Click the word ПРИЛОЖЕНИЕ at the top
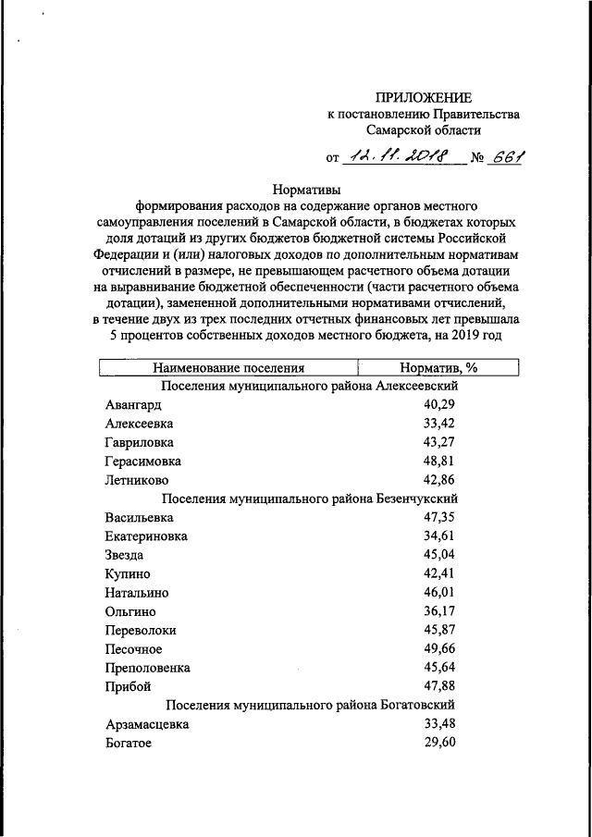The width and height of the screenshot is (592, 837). pos(424,97)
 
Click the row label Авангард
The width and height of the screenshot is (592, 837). pos(134,405)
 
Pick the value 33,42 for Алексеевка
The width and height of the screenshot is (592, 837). pos(441,424)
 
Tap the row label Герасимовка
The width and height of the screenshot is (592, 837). pos(143,461)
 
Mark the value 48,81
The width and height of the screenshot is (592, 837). pos(441,461)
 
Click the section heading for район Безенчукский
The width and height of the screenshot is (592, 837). pos(310,499)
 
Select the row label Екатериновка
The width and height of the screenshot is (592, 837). pos(147,536)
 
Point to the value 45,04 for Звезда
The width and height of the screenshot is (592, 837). pos(441,555)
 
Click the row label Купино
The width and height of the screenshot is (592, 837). pos(129,573)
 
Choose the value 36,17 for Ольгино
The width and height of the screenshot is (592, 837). pos(441,611)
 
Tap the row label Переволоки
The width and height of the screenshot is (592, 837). pos(141,630)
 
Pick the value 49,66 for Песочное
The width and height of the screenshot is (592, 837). pos(441,648)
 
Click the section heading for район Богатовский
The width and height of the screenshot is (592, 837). pos(310,706)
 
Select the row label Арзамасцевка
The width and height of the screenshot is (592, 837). pos(148,724)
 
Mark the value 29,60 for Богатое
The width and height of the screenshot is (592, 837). pos(441,743)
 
